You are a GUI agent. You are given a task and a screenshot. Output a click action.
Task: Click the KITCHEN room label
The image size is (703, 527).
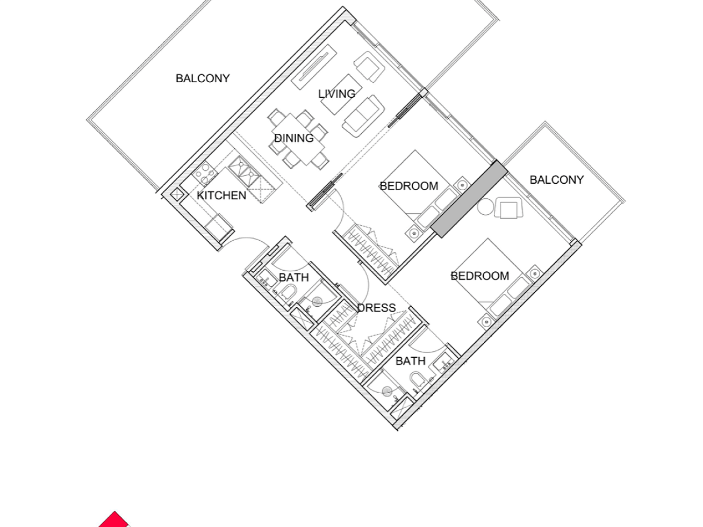tap(221, 196)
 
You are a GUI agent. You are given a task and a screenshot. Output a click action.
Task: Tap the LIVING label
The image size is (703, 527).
tap(336, 94)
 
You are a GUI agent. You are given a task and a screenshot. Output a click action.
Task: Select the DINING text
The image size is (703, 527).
tap(294, 138)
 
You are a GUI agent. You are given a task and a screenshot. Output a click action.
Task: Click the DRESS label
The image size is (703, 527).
tap(376, 308)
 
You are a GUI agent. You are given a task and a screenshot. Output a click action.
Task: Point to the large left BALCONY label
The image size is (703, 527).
tap(203, 78)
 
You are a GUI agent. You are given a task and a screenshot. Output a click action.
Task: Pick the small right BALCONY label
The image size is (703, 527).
tap(557, 180)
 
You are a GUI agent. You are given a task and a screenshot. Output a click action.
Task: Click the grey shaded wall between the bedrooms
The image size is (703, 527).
tap(469, 199)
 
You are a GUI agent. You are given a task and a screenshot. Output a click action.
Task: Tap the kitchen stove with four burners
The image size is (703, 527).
tap(205, 174)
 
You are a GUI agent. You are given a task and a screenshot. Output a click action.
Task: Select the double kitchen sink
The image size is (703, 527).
tap(244, 171)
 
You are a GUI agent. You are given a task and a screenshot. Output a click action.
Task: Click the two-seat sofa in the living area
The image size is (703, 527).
tap(364, 116)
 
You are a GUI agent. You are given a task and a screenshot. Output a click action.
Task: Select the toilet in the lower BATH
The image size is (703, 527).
tap(418, 379)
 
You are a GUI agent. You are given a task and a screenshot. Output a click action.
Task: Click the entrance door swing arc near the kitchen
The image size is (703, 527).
tap(247, 239)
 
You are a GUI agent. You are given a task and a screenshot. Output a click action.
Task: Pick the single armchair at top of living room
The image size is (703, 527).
tap(369, 67)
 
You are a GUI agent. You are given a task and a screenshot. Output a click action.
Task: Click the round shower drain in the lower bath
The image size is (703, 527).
tap(387, 391)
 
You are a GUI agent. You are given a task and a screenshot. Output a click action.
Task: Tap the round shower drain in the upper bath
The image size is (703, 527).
tap(317, 301)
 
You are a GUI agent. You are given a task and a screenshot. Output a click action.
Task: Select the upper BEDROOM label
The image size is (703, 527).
tap(409, 186)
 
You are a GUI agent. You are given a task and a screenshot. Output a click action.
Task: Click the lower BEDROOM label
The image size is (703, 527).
tap(480, 276)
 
